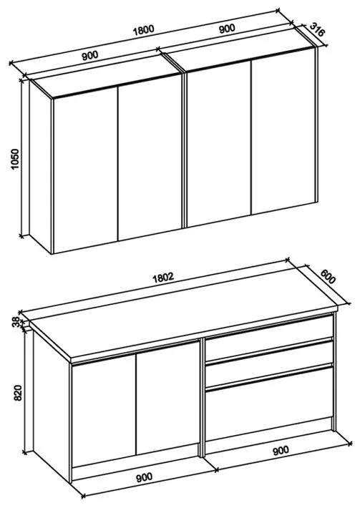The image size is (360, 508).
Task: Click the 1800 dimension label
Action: click(144, 30)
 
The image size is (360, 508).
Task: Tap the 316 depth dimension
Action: click(317, 29)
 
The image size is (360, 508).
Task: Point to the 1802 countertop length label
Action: click(164, 278)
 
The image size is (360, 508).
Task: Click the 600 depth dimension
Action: click(328, 276)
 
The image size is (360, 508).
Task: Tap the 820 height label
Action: click(18, 393)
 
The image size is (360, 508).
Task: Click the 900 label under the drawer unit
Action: click(281, 450)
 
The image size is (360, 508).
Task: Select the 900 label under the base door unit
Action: click(144, 477)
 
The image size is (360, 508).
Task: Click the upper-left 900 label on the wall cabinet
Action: click(89, 55)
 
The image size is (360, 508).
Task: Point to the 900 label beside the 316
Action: click(227, 29)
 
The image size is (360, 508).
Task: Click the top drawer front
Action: click(269, 338)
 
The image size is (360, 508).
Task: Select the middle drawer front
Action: click(269, 363)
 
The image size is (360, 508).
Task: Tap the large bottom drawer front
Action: click(269, 404)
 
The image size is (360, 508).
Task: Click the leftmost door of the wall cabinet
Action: click(85, 170)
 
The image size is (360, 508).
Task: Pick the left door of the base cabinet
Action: click(104, 410)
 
